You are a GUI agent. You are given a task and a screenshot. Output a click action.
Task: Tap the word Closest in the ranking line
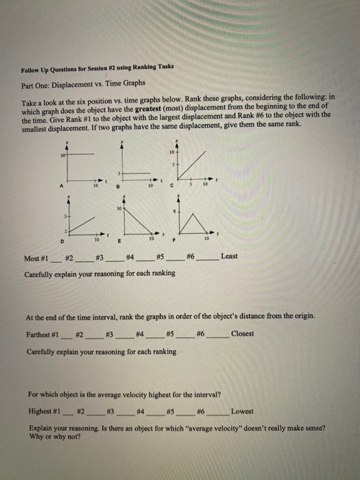click(242, 334)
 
